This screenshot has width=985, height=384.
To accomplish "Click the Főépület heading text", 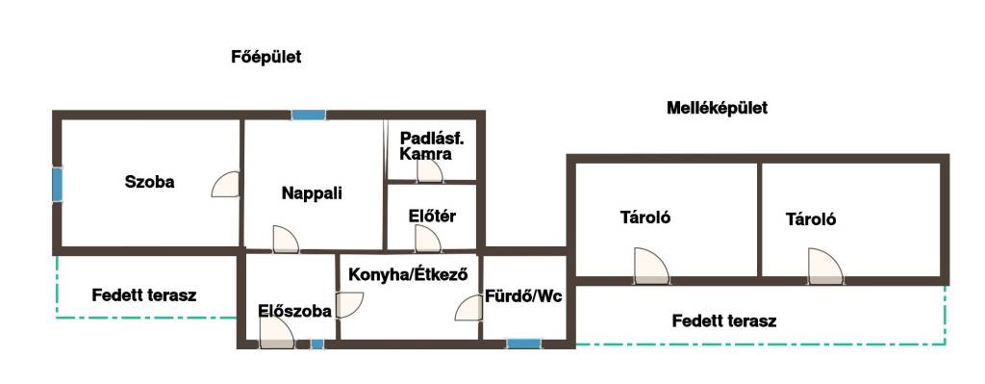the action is pos(266,57).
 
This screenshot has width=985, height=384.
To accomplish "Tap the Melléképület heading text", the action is pos(717,108).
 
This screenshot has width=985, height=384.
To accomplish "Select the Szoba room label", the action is pos(149,182).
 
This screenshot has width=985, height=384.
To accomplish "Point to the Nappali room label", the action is pos(312,192).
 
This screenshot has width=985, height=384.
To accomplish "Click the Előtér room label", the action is pos(432,217).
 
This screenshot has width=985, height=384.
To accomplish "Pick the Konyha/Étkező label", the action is pos(408,274).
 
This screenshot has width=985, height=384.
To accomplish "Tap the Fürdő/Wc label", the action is pos(523,296).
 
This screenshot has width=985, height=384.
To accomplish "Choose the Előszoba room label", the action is pos(294,311).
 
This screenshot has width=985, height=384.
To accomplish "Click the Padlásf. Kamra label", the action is pos(426,146).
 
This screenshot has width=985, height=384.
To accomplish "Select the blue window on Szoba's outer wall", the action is pos(57,184).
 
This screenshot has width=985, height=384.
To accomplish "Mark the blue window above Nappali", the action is pos(309,115).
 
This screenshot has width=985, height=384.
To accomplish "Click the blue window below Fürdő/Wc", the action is pos(524,344).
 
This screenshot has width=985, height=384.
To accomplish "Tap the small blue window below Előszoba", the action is pos(317,344).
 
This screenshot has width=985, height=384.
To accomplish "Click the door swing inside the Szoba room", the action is pos(225,184).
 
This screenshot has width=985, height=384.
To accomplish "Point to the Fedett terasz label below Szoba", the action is pos(144,294).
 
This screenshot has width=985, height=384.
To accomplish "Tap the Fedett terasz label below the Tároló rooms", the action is pos(724,321).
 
